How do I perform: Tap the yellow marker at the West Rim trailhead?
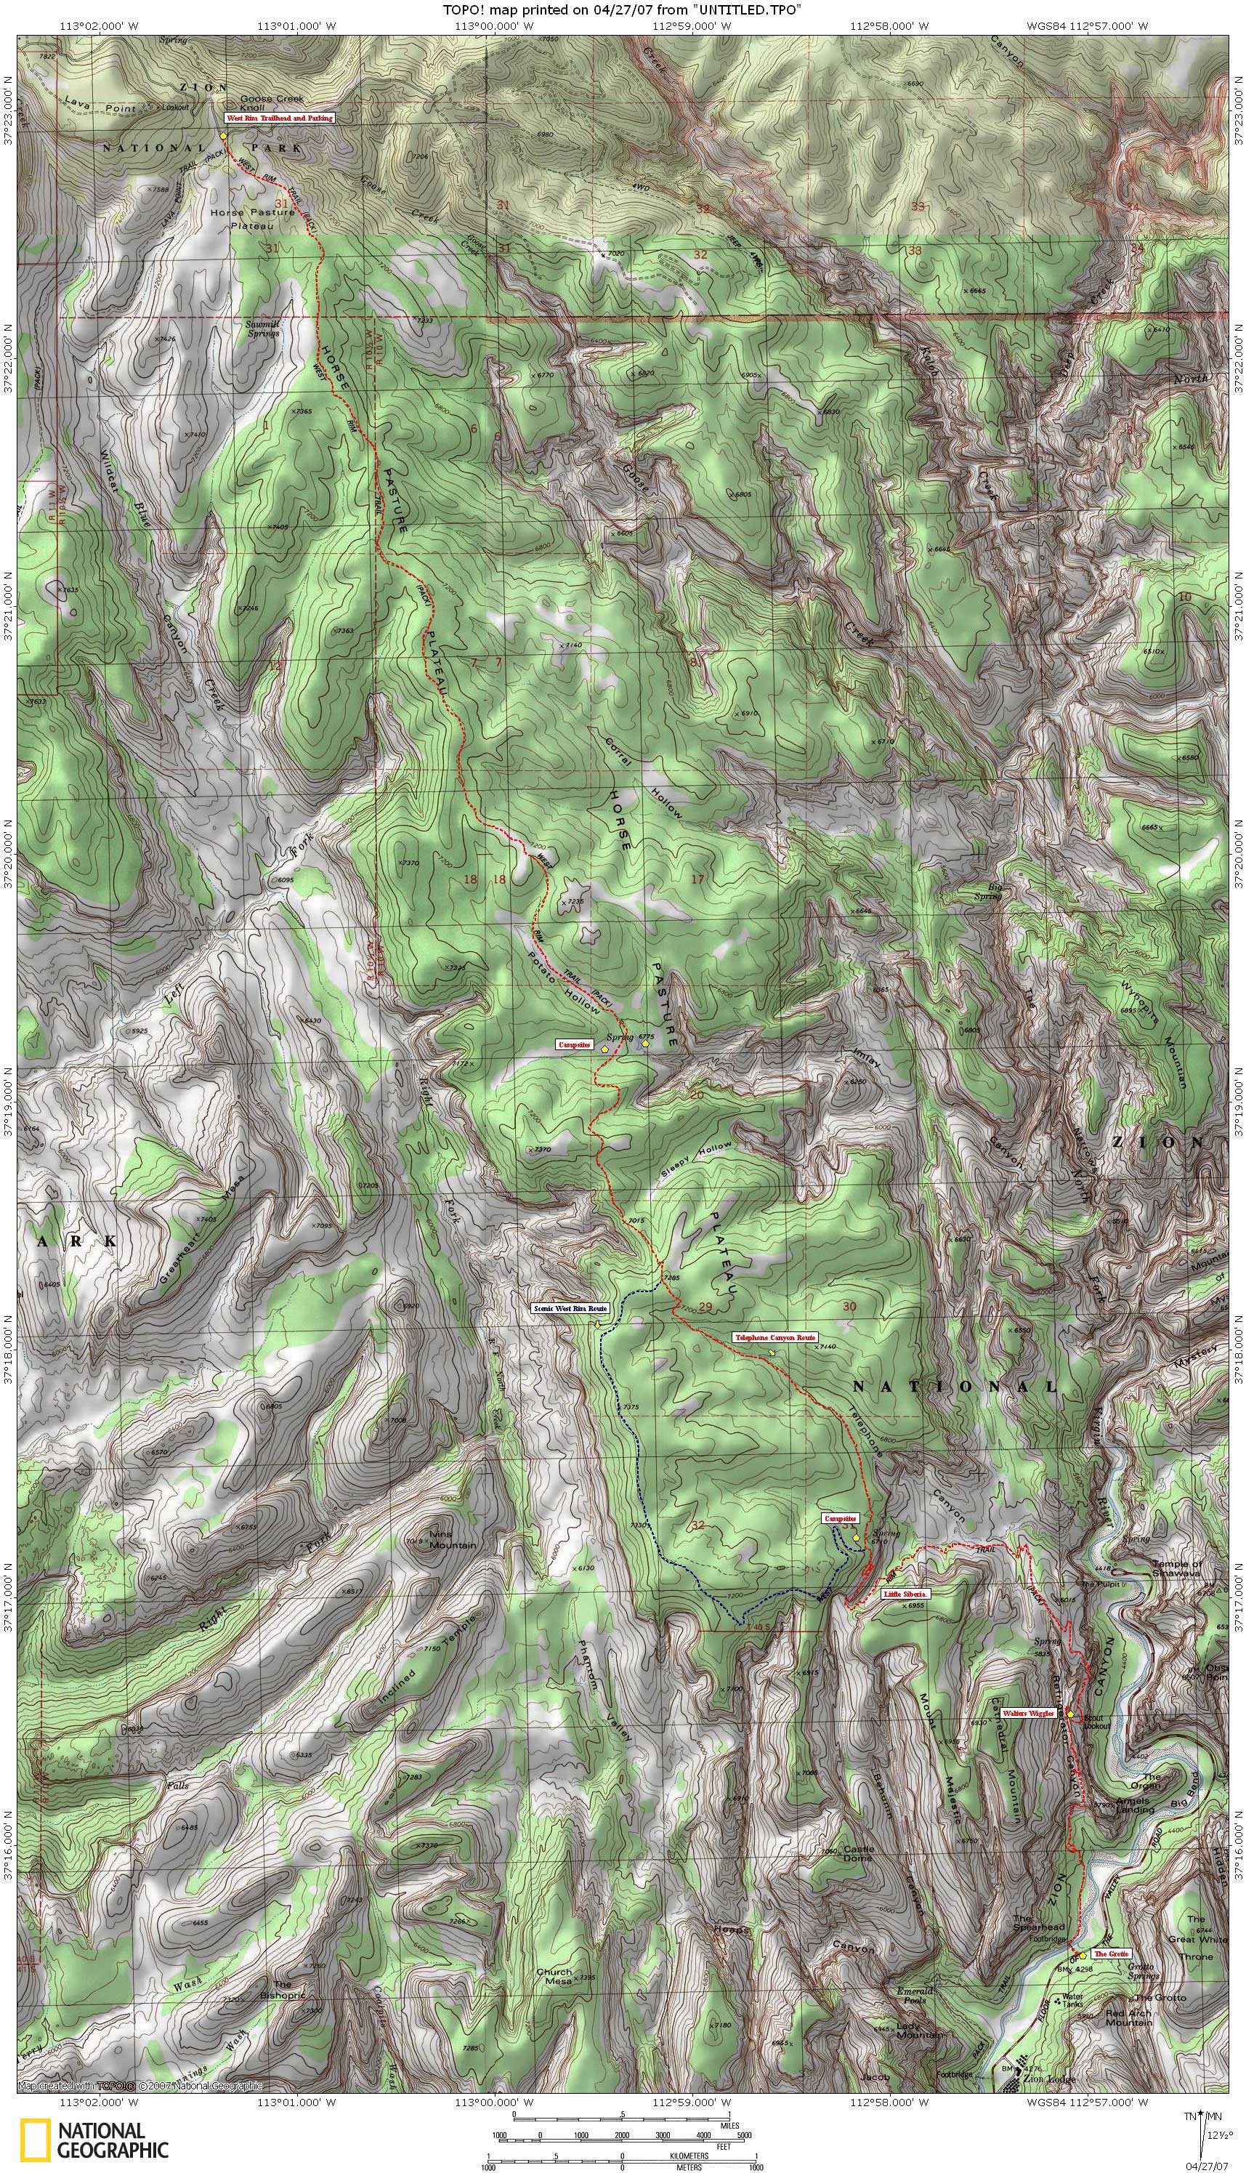tap(223, 135)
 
